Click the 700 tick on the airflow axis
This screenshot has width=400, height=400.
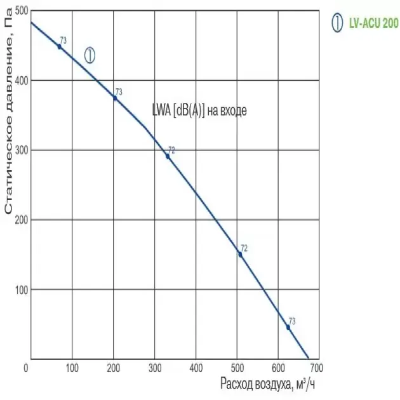coord(316,368)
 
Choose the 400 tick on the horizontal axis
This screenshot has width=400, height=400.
coord(195,368)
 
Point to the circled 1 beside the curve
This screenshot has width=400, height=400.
coord(90,55)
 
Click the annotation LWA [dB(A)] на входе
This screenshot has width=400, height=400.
coord(199,110)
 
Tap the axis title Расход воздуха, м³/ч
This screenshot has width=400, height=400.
coord(267,383)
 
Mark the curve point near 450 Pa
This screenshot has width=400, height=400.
coord(59,46)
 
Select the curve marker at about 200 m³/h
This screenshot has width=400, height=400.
coord(115,98)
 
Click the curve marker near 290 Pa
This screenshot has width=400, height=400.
coord(168,156)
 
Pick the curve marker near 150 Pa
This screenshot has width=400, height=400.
coord(240,254)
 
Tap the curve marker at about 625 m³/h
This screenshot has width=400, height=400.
coord(288,327)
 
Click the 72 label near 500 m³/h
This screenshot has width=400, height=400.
coord(244,248)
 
